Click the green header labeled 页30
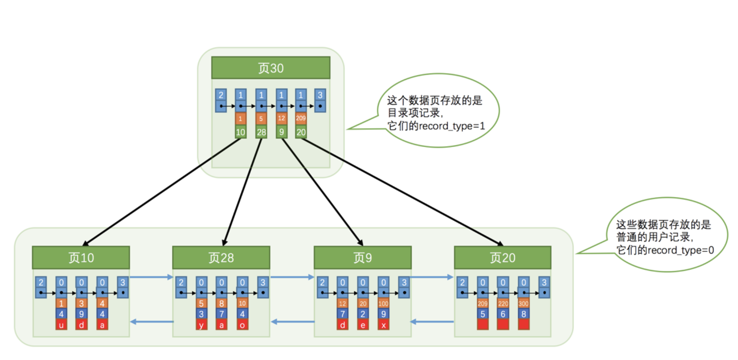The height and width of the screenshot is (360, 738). point(271,68)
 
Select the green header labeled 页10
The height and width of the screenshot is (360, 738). point(81,258)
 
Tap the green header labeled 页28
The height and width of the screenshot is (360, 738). point(221,258)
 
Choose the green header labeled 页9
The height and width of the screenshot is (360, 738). point(363,258)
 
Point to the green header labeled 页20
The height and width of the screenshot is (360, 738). point(503,258)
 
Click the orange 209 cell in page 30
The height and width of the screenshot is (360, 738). point(301,118)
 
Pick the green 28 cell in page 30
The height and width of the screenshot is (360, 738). point(261,132)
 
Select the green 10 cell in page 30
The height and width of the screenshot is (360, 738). point(241,132)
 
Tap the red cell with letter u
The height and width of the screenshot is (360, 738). point(61,325)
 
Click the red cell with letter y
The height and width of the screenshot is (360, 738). point(201,325)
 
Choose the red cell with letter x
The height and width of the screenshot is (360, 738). point(383,325)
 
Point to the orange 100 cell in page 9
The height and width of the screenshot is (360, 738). point(383,303)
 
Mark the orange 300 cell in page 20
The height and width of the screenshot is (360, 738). point(524,303)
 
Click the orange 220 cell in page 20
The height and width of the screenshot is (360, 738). point(503,303)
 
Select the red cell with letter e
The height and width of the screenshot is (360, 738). point(363,325)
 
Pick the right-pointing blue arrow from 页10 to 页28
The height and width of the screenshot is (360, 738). point(151,277)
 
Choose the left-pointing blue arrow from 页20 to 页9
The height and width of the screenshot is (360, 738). point(432,322)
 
